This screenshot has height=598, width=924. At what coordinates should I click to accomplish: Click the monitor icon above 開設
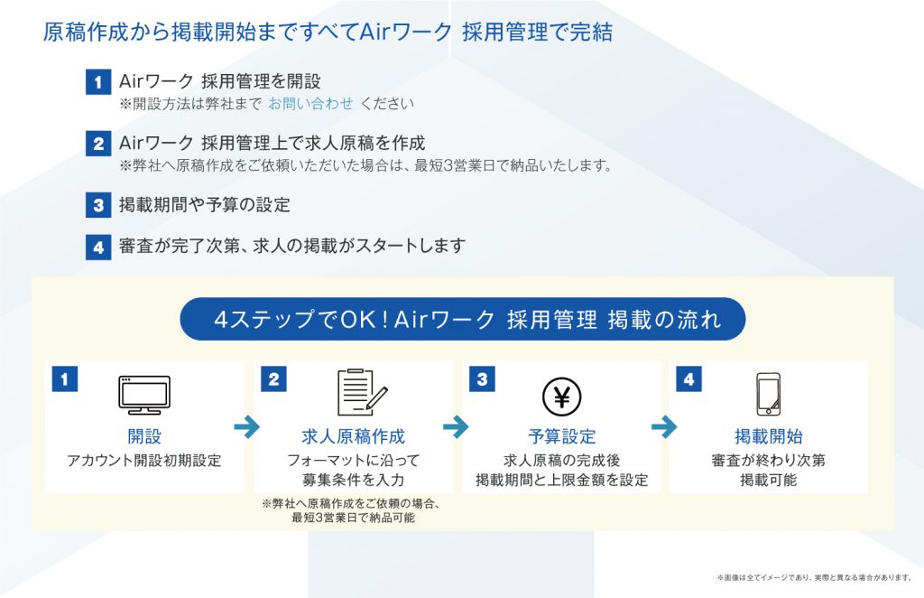(x=144, y=395)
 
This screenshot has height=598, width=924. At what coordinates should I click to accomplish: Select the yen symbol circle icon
(x=561, y=396)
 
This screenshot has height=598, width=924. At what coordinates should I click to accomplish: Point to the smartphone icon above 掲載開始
(x=768, y=395)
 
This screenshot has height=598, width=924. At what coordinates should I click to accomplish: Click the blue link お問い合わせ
(x=310, y=103)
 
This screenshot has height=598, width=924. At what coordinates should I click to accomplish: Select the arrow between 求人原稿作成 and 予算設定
(x=457, y=426)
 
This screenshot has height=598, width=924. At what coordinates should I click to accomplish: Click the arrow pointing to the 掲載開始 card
(x=664, y=426)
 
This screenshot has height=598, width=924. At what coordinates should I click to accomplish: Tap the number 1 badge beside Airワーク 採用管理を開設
(x=97, y=84)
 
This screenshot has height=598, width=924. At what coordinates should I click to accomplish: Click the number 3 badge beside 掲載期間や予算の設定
(x=97, y=205)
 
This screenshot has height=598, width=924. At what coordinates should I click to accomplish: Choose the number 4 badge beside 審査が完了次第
(x=97, y=247)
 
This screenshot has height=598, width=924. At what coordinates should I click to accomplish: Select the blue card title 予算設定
(x=561, y=437)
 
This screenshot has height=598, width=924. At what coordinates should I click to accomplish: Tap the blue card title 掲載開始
(x=768, y=437)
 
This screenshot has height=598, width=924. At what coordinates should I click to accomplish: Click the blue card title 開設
(x=144, y=437)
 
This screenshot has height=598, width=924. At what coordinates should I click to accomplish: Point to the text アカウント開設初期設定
(x=144, y=461)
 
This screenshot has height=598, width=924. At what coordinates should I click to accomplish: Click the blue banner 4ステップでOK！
(x=463, y=319)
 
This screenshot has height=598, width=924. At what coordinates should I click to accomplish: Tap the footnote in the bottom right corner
(x=814, y=576)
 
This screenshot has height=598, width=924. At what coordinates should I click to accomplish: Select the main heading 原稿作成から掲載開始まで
(x=328, y=33)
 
